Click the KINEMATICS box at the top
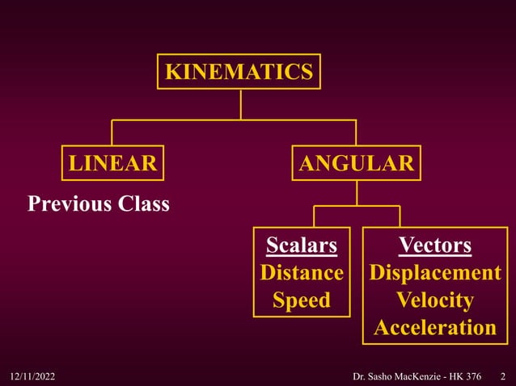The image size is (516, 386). pos(239,71)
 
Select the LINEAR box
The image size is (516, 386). pos(112,163)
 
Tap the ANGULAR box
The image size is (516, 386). pos(356,163)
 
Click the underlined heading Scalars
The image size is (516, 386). pos(301,245)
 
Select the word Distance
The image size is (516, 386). pos(301,273)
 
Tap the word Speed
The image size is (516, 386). pos(301,300)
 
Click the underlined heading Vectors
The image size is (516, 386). pos(435,245)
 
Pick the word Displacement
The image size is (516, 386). pos(435,273)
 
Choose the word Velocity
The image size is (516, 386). pos(435,300)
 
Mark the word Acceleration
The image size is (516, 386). pos(435,328)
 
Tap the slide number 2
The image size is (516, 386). pos(502,376)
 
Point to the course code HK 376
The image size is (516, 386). pos(472,376)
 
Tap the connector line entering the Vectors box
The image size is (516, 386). pos(400,216)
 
